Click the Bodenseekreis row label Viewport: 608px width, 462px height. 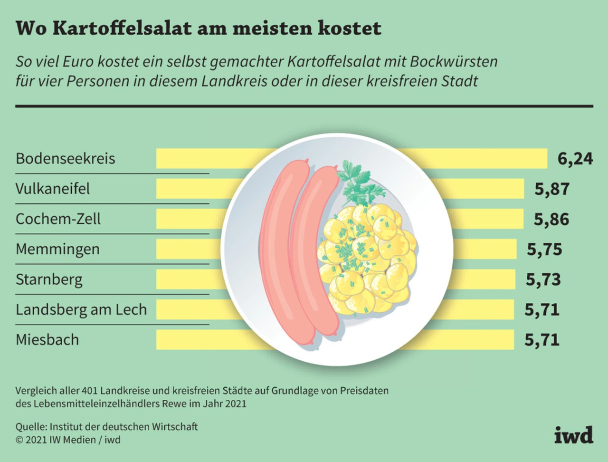pos(65,158)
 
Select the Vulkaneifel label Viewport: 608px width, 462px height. pos(52,189)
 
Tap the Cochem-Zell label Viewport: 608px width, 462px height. pos(58,219)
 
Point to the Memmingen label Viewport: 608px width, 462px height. pos(57,249)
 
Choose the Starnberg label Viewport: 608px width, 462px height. pos(49,279)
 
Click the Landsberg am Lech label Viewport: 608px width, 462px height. pos(81,309)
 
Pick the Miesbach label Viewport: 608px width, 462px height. pos(47,340)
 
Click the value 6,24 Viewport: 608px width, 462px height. pos(575,158)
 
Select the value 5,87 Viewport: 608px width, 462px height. pos(552,189)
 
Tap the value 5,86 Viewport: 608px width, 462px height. pos(551,219)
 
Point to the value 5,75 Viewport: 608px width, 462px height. pos(544,249)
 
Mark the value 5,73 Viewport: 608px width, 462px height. pos(543,279)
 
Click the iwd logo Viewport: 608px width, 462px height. pos(574,435)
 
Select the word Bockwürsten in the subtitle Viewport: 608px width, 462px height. pos(454,62)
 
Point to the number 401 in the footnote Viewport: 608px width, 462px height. pos(90,391)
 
